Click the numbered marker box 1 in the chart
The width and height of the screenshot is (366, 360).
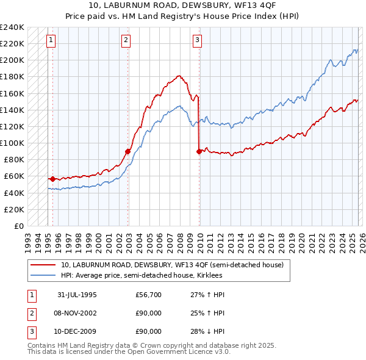50,40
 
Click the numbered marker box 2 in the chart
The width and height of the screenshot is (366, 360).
125,40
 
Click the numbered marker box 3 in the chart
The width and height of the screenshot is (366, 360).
197,40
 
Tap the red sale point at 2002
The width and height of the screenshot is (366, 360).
127,151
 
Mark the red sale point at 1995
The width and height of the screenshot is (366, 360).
53,179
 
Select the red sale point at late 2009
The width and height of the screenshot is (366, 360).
199,151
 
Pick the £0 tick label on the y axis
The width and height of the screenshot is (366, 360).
19,226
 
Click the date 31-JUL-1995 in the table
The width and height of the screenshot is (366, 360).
77,295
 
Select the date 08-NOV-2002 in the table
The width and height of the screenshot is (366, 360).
77,313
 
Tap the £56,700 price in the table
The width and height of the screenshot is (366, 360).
148,295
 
